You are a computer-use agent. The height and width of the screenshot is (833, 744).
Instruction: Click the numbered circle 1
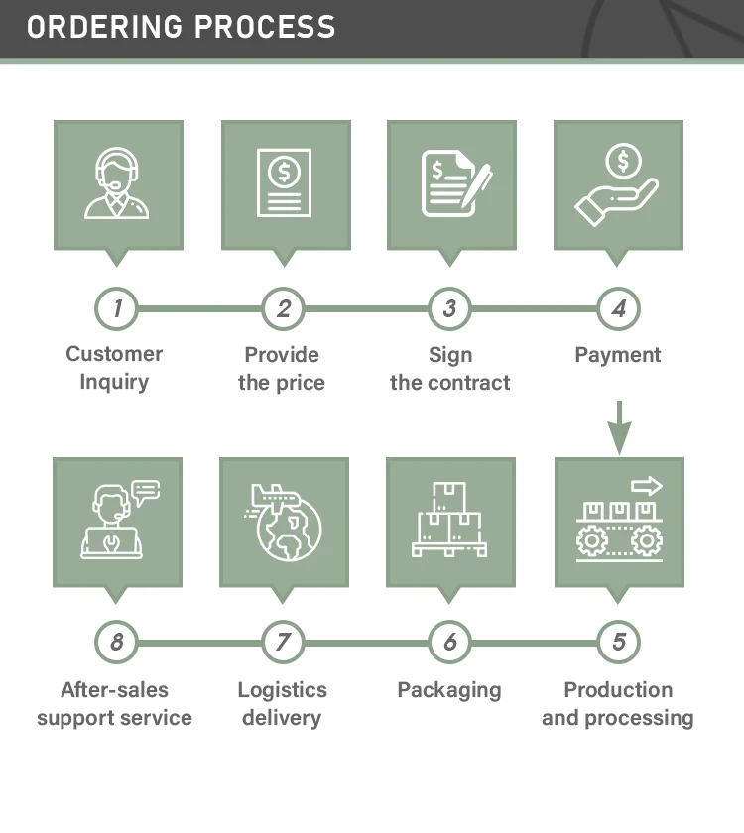click(117, 308)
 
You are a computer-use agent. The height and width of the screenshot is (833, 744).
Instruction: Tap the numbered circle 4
click(618, 308)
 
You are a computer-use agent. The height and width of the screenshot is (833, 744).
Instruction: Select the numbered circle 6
click(450, 642)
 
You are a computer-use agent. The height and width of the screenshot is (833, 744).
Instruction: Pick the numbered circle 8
click(117, 642)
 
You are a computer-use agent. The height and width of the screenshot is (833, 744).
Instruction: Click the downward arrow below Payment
click(619, 427)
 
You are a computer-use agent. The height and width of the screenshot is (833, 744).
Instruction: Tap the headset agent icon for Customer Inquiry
click(117, 183)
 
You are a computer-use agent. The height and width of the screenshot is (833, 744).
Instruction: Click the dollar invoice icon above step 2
click(284, 182)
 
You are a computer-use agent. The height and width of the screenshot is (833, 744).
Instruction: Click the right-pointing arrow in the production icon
click(647, 486)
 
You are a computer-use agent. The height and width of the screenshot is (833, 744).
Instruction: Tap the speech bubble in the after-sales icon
click(146, 491)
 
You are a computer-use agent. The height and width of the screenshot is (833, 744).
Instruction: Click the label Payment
click(618, 355)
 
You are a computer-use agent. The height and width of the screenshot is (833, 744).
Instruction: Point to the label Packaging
click(449, 690)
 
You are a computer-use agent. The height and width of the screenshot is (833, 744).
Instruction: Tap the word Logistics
click(282, 690)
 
